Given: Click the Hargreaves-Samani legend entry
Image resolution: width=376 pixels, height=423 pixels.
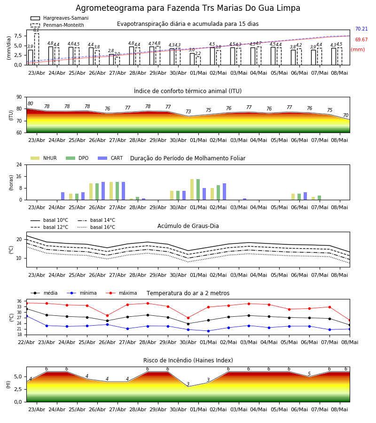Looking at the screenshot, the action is (x=59, y=18).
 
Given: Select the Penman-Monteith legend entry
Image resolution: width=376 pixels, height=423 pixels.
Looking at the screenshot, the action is (x=57, y=25).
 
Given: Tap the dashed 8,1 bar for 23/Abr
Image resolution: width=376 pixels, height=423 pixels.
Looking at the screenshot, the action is (x=36, y=49).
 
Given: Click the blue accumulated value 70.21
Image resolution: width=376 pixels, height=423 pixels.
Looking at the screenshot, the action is (x=361, y=29).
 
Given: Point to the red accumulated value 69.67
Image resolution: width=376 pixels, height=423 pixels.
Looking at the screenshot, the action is (x=361, y=39).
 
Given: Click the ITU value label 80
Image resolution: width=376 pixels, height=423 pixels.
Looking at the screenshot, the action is (x=30, y=103).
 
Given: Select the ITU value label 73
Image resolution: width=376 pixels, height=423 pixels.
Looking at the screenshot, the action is (x=188, y=111).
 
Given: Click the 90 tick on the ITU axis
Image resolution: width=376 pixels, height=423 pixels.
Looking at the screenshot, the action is (x=19, y=97).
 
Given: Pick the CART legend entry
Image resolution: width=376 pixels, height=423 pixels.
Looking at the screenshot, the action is (x=110, y=158).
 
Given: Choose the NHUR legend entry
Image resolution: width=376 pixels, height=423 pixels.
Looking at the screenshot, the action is (x=44, y=158).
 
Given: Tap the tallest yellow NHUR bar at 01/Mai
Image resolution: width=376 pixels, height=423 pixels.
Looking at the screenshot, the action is (x=192, y=189).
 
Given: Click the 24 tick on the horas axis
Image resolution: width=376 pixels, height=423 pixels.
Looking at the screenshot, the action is (x=19, y=164).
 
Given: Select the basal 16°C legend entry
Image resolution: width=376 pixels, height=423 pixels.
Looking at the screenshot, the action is (x=96, y=227).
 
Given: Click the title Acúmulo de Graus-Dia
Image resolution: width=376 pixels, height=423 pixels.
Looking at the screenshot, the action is (x=188, y=226).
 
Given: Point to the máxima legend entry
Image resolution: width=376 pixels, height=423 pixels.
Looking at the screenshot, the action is (x=121, y=293).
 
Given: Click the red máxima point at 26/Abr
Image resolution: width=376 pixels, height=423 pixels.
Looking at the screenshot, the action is (x=107, y=315).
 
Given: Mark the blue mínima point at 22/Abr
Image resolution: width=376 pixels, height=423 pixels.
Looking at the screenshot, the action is (x=27, y=316).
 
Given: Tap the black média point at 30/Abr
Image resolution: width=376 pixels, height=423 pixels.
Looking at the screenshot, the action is (x=188, y=324).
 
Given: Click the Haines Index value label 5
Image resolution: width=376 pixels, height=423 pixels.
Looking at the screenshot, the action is (x=309, y=374).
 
